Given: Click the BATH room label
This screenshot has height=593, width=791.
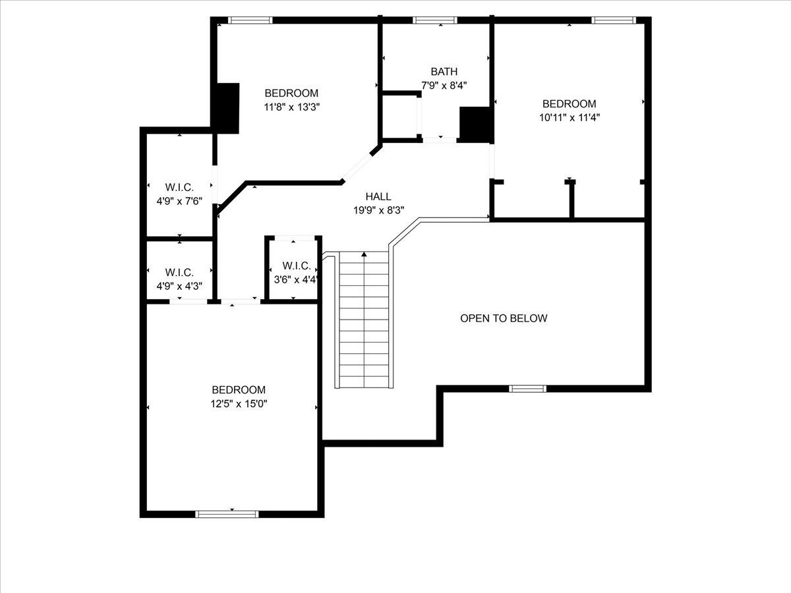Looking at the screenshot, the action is point(444,71).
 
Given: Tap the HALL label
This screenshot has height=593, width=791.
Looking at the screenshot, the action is point(378,196).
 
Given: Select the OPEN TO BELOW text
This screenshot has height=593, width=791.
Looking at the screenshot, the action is point(504,318).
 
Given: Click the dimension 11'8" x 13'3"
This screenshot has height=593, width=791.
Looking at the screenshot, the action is point(292,107).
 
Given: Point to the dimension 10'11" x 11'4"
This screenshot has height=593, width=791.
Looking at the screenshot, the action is point(570,118).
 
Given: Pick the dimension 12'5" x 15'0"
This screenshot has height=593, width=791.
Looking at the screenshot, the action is point(239,404).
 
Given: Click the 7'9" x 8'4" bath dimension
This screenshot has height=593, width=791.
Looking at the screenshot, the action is point(444,86).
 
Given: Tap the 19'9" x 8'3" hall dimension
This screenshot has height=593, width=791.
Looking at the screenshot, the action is point(378,210).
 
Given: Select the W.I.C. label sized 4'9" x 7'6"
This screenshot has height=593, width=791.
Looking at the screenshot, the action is point(179,187).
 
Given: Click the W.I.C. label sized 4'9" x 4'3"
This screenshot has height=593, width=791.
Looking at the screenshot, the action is point(179,272).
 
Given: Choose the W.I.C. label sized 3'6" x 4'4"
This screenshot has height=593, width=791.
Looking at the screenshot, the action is point(296,266).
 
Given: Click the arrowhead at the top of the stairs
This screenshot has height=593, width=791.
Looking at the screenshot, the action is point(364,254).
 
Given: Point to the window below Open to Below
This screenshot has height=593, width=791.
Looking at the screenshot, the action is point(527,389).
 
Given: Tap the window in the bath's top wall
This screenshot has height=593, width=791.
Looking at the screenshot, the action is point(434,20).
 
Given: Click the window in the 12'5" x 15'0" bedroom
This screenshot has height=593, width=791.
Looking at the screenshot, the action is point(227,514).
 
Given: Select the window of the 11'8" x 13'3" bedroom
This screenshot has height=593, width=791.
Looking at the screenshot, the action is point(250,20).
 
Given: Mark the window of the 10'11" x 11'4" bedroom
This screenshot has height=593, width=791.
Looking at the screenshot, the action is point(614,20).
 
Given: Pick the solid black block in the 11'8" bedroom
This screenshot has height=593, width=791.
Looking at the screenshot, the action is point(227,108).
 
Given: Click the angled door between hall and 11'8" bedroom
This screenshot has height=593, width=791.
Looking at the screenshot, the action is point(357,168).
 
